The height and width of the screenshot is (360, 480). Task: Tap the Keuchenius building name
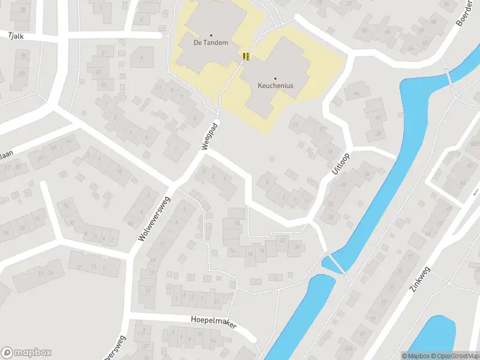(x=275, y=86)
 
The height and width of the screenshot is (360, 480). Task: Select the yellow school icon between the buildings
(x=245, y=56)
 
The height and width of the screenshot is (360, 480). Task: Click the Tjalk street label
(x=16, y=36)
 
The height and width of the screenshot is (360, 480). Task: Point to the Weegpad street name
(x=209, y=137)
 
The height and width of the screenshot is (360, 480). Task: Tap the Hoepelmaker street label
(x=214, y=323)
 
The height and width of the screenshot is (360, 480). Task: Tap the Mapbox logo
(x=26, y=353)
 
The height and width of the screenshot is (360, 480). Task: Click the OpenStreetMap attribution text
(x=457, y=356)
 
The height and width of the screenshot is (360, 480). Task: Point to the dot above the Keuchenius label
(x=275, y=78)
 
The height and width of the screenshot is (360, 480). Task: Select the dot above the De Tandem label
(x=211, y=35)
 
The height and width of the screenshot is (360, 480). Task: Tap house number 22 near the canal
(x=282, y=240)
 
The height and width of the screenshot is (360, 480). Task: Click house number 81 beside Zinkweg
(x=362, y=334)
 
